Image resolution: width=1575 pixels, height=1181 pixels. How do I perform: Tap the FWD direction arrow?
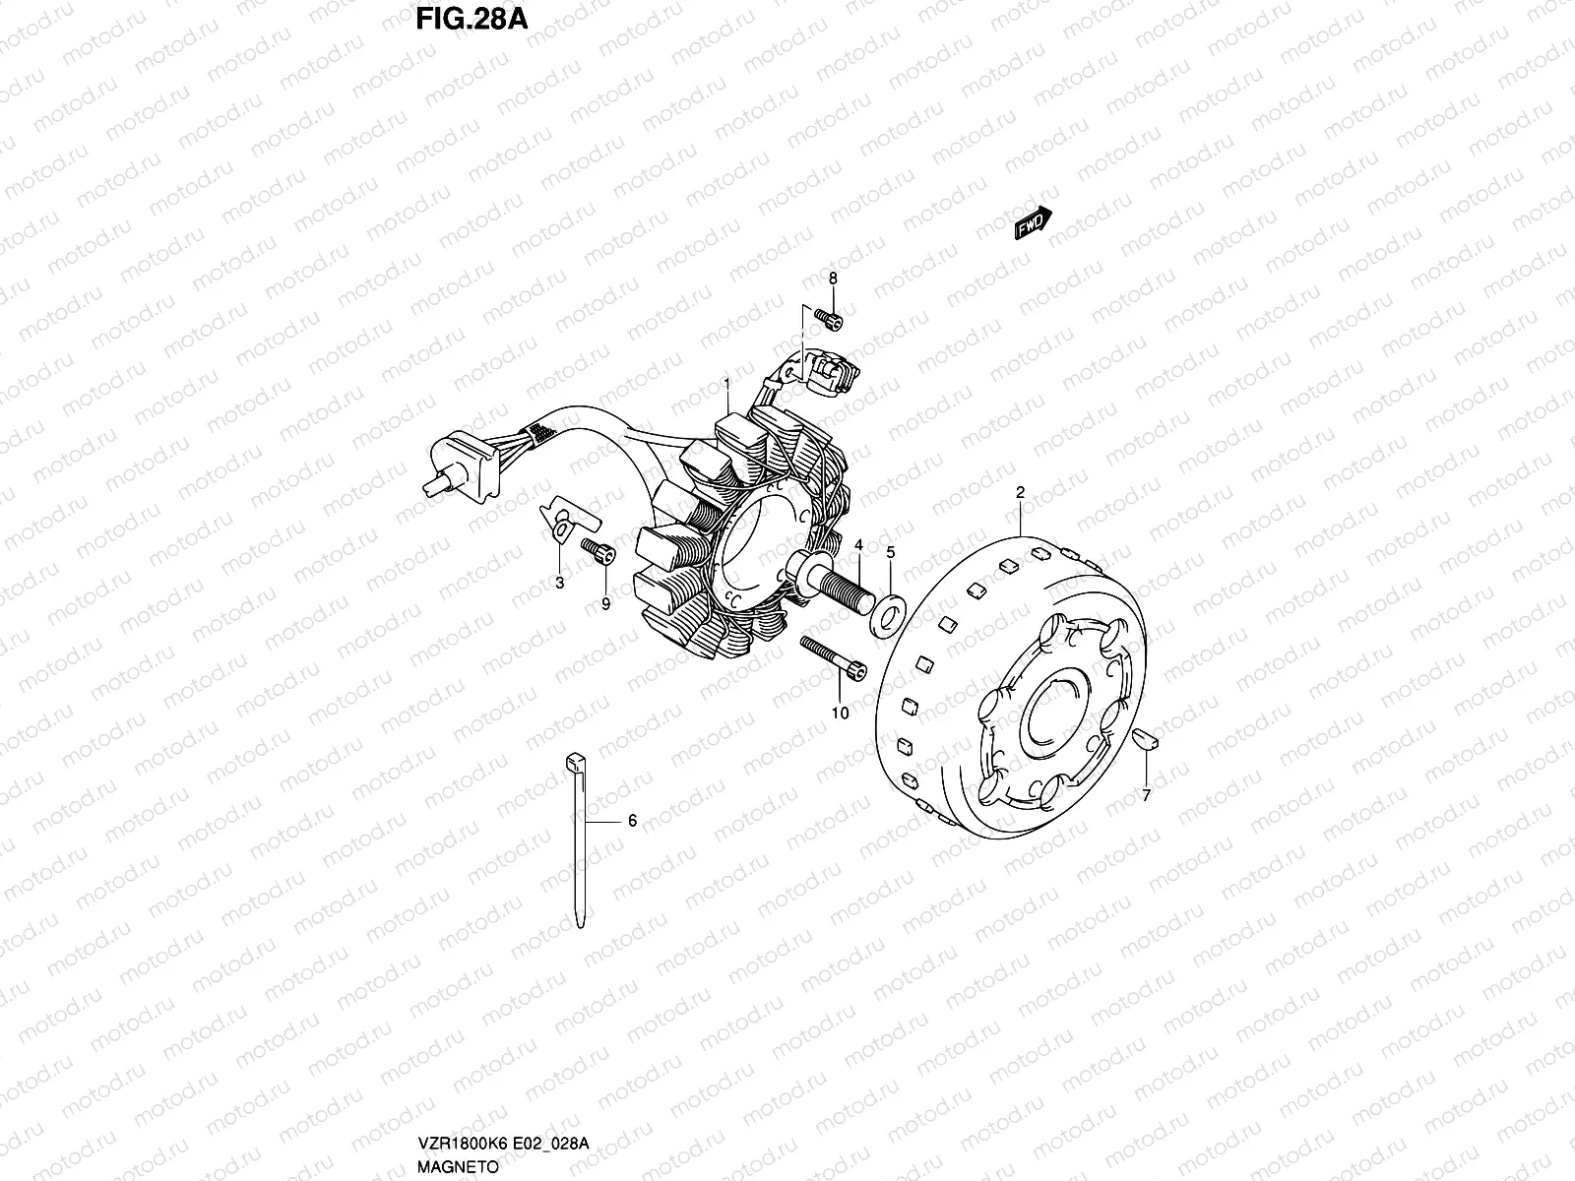(1034, 224)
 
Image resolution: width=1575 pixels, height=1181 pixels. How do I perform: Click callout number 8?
(832, 279)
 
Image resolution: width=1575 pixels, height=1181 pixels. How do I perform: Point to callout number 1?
(726, 383)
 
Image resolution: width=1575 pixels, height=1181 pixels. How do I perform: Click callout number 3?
(559, 584)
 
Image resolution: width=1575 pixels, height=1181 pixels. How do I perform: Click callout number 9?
(605, 603)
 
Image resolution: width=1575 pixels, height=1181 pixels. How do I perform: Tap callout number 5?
(890, 553)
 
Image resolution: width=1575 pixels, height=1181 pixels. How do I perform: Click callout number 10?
(839, 713)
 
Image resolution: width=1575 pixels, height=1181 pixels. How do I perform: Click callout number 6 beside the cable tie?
(632, 820)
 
